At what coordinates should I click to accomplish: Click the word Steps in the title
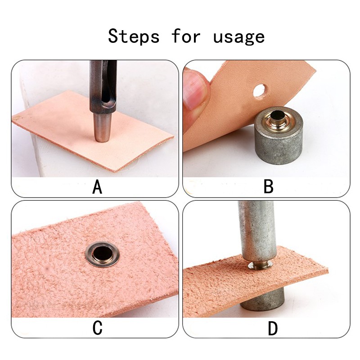point(134,36)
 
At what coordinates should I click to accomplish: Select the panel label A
point(97,187)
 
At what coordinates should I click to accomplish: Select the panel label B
point(268,186)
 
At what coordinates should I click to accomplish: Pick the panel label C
point(97,328)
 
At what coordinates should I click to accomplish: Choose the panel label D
point(273,328)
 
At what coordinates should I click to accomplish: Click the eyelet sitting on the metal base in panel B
point(277,118)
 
